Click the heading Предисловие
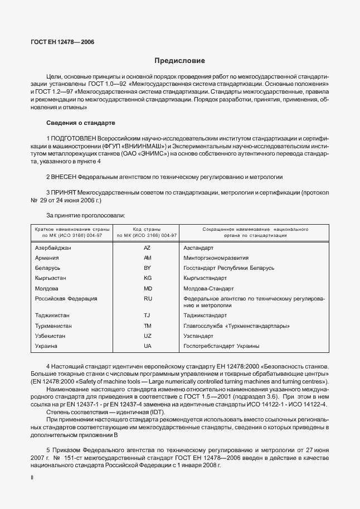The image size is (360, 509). pyautogui.click(x=179, y=60)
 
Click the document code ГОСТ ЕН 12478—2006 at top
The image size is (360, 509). pyautogui.click(x=62, y=42)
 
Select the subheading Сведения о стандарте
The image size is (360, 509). pyautogui.click(x=81, y=122)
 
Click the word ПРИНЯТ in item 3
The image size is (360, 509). pyautogui.click(x=65, y=192)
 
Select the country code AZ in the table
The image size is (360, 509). pyautogui.click(x=147, y=247)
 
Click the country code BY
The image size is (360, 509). pyautogui.click(x=147, y=268)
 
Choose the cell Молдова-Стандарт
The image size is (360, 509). pyautogui.click(x=209, y=289)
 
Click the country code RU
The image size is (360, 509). pyautogui.click(x=147, y=299)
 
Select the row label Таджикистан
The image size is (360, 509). pyautogui.click(x=53, y=316)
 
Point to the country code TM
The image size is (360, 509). pyautogui.click(x=147, y=326)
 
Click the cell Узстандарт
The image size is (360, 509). pyautogui.click(x=198, y=336)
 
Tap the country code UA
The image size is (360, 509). pyautogui.click(x=147, y=346)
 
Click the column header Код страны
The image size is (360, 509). pyautogui.click(x=147, y=229)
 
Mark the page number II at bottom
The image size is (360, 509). pyautogui.click(x=32, y=478)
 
